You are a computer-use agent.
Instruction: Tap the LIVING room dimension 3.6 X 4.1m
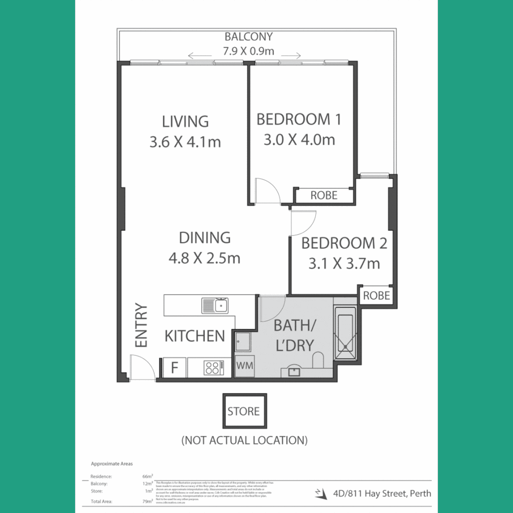pos(185,142)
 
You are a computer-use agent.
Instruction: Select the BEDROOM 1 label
pos(298,119)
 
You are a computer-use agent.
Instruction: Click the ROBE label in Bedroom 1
pos(324,195)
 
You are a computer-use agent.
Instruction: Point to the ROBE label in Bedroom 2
pos(376,296)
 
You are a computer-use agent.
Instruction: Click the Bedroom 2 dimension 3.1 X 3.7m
pos(344,263)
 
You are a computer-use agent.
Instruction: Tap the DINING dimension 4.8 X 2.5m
pos(204,258)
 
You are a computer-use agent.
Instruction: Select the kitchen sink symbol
pos(215,305)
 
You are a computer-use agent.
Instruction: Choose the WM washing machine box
pos(245,366)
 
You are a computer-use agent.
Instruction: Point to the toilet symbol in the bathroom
pos(318,360)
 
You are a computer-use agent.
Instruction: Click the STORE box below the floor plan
pos(244,411)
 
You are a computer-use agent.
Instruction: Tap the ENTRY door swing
pos(142,368)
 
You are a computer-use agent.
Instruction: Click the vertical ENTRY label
pos(142,325)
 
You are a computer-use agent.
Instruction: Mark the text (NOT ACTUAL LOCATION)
pos(244,440)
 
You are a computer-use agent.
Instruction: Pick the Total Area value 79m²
pos(148,501)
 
